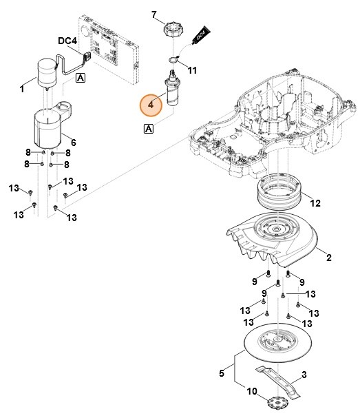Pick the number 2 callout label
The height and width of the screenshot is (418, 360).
click(x=328, y=258)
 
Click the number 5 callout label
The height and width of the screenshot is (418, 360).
click(x=221, y=374)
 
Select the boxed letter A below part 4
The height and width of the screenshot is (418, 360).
click(x=149, y=128)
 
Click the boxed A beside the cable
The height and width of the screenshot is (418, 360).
click(x=81, y=79)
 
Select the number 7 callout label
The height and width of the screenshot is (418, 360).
click(x=153, y=14)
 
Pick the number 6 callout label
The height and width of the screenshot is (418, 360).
click(x=73, y=142)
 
